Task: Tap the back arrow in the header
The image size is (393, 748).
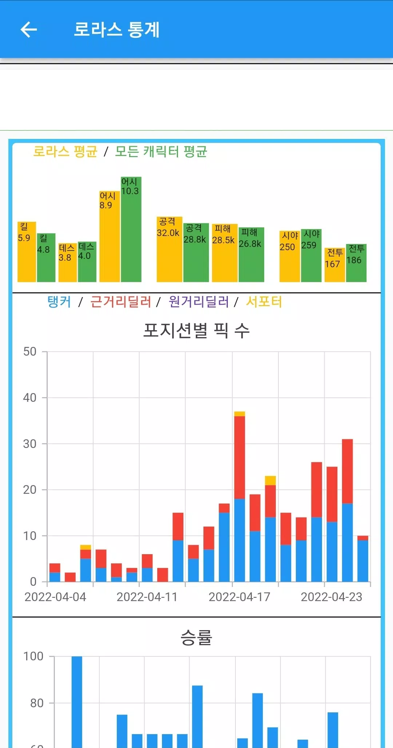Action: (29, 29)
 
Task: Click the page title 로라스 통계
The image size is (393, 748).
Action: (116, 29)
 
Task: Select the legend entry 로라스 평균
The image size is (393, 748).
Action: (65, 151)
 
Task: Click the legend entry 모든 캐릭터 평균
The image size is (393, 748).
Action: (161, 151)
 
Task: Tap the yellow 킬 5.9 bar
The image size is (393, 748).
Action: (27, 252)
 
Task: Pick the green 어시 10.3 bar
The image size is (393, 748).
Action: (131, 229)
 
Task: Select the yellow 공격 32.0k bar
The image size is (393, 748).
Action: (169, 249)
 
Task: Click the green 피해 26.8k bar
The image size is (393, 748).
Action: (251, 255)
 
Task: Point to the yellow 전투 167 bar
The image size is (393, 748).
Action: (334, 265)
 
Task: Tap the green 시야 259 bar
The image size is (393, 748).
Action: (311, 255)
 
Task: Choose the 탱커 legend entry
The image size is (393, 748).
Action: (59, 302)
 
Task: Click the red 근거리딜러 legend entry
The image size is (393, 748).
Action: (120, 302)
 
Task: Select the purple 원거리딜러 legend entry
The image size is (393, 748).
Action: (199, 302)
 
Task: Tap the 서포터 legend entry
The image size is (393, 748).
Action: (264, 302)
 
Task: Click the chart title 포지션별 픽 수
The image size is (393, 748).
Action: (196, 330)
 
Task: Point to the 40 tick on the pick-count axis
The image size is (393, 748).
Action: (30, 397)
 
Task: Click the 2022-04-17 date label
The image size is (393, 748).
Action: (239, 597)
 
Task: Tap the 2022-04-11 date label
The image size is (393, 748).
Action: (147, 597)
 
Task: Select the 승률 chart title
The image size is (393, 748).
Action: (196, 637)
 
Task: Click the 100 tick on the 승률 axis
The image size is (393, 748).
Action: (33, 656)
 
